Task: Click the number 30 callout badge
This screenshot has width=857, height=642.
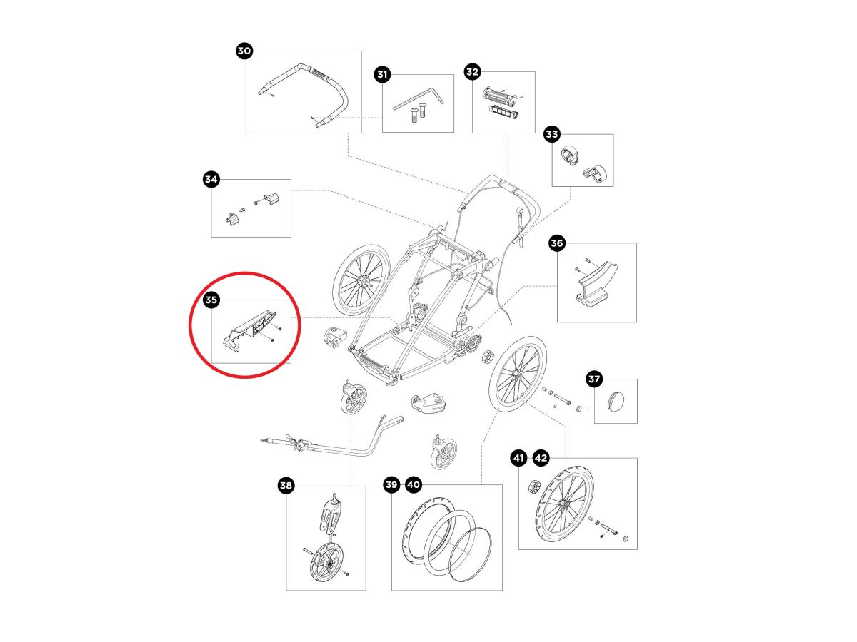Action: [x=244, y=51]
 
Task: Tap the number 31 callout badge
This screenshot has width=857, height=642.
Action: [x=382, y=74]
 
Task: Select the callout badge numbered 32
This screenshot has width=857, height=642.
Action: [x=472, y=71]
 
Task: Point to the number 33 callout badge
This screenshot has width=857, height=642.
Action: [x=551, y=133]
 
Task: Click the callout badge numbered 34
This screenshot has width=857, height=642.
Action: [x=211, y=179]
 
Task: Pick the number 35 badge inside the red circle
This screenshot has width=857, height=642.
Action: [x=211, y=300]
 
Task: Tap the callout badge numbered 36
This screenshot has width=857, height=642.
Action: [x=557, y=243]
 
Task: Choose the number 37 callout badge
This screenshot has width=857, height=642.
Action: [x=594, y=379]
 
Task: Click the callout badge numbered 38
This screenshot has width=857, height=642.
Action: [x=286, y=486]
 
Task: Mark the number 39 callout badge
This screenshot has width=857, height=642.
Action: [x=391, y=485]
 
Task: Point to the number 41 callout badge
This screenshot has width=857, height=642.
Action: [x=518, y=458]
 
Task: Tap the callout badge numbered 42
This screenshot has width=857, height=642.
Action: [x=541, y=458]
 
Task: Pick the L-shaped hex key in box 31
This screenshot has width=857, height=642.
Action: [x=418, y=98]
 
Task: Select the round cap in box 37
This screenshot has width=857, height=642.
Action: [x=616, y=402]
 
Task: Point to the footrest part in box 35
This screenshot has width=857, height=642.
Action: [x=250, y=329]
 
